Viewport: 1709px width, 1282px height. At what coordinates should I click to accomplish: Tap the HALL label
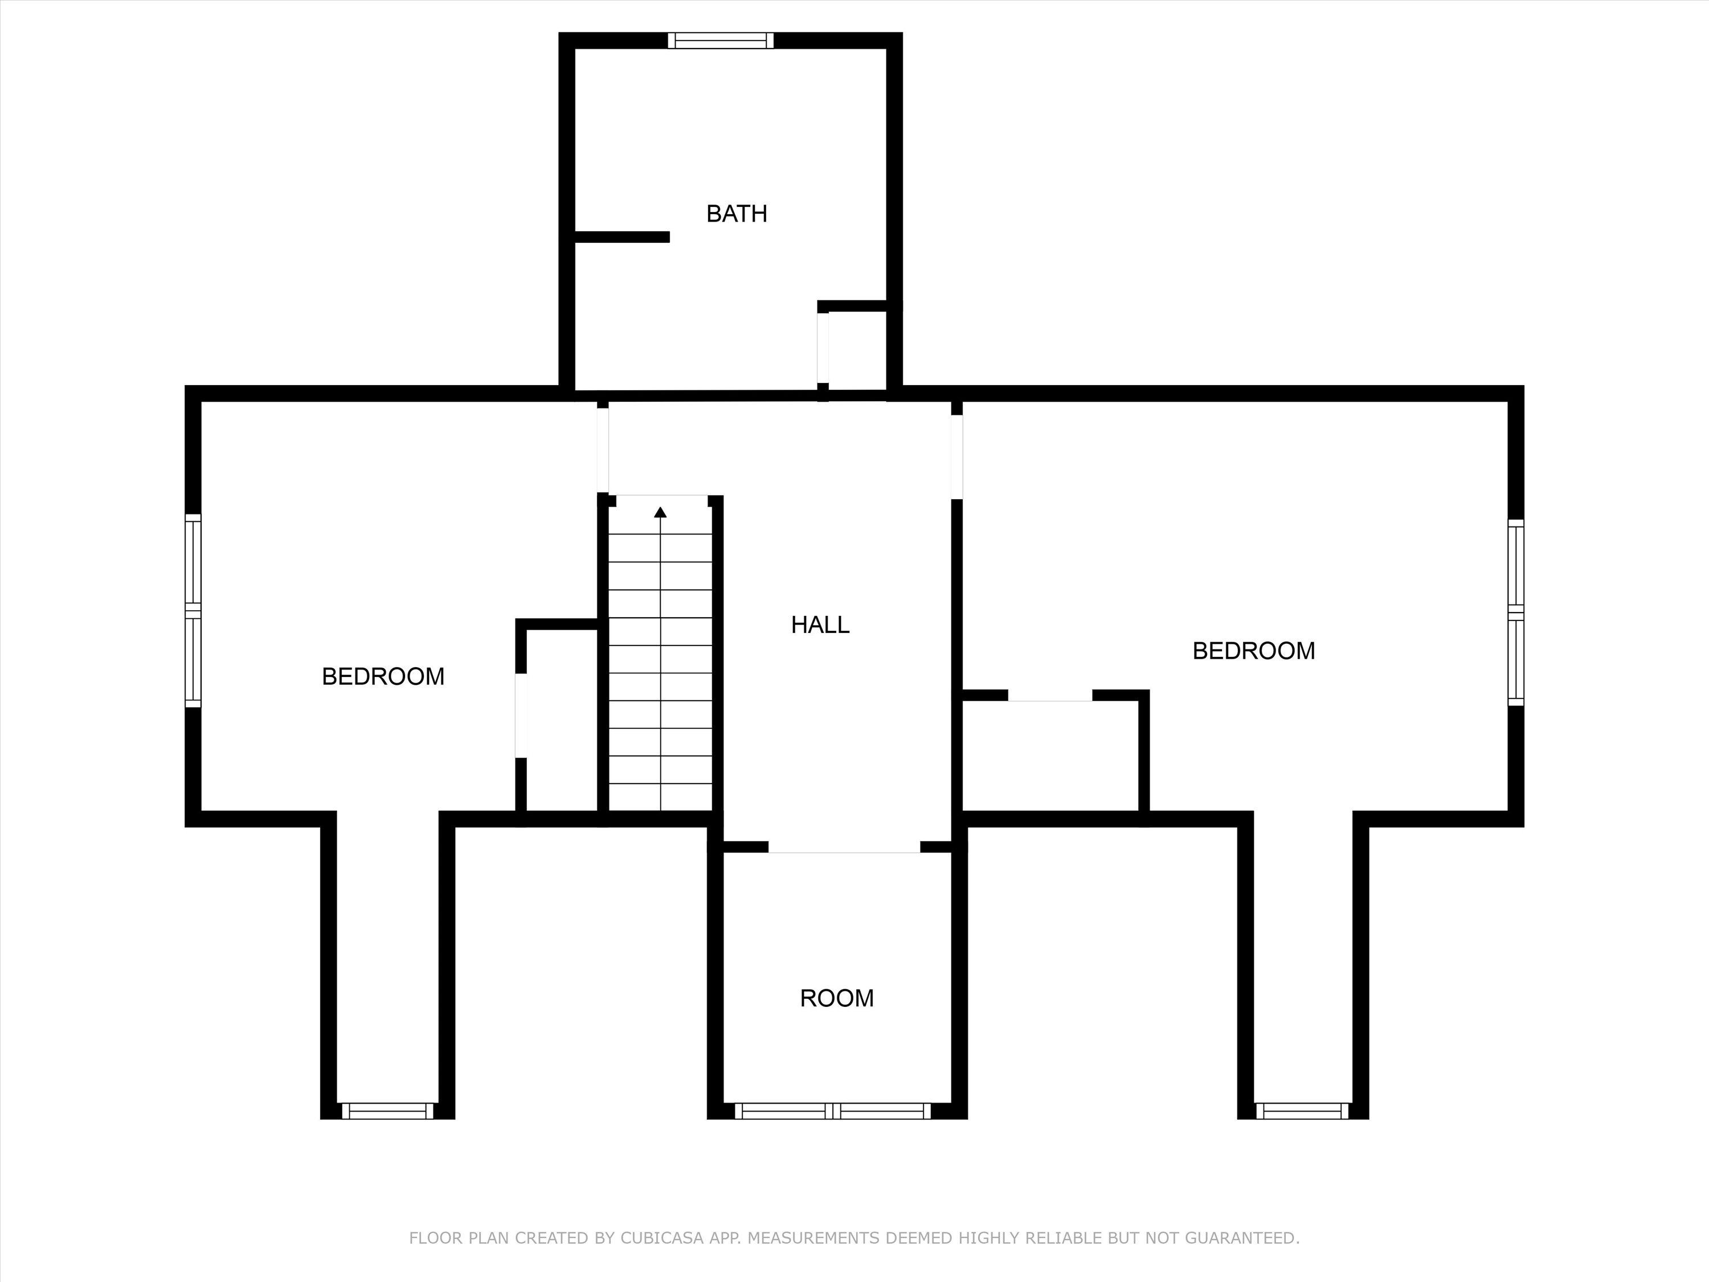click(x=820, y=624)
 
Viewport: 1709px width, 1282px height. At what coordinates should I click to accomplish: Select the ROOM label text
click(x=837, y=998)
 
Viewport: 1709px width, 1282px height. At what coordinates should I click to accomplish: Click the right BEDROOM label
click(x=1253, y=651)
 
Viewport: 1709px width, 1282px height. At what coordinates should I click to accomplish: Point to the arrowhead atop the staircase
click(x=661, y=512)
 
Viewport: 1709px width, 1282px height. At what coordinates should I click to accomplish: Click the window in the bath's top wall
click(x=721, y=40)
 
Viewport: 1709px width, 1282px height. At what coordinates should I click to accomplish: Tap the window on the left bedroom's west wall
click(x=193, y=610)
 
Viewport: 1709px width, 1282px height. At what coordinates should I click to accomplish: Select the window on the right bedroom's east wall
click(x=1516, y=612)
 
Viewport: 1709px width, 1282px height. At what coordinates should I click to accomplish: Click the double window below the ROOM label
click(x=833, y=1111)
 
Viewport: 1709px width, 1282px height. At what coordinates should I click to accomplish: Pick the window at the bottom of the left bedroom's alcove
click(x=388, y=1111)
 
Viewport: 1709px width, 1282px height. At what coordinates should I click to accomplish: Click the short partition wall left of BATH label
click(x=622, y=237)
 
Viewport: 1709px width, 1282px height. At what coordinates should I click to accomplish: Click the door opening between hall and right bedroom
click(x=956, y=458)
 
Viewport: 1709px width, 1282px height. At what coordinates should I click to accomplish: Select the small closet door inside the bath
click(x=823, y=348)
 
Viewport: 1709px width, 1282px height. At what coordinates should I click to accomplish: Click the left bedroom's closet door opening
click(x=521, y=716)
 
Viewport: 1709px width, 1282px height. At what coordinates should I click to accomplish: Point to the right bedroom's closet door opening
click(x=1050, y=696)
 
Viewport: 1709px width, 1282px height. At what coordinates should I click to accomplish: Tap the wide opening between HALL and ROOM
click(x=844, y=847)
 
